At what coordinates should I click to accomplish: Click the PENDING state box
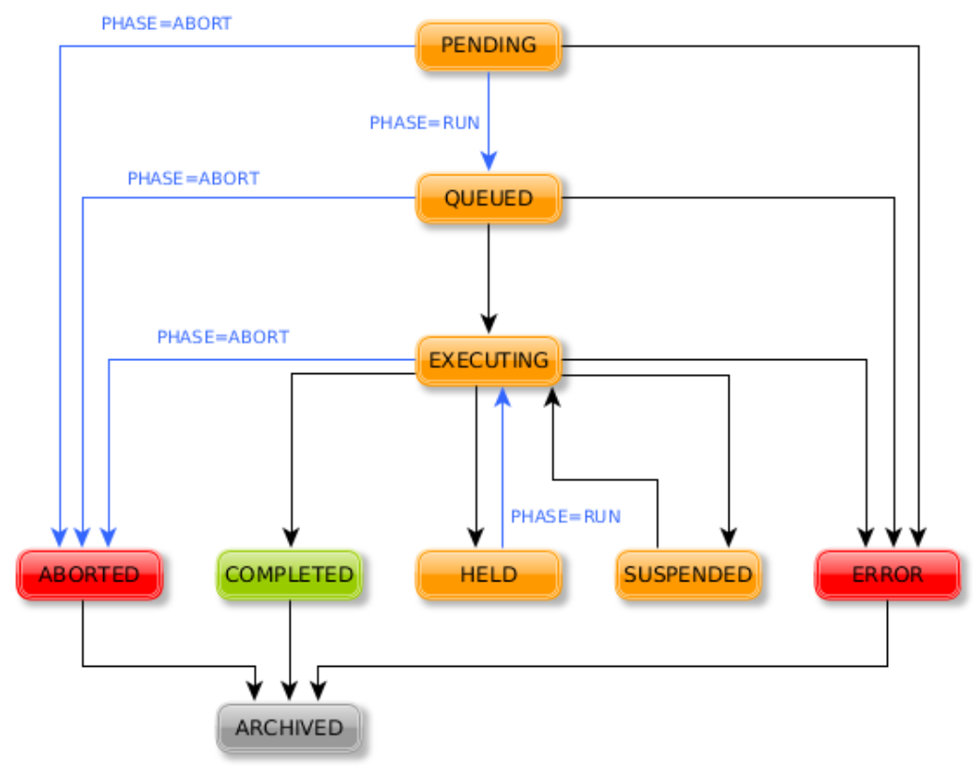point(488,45)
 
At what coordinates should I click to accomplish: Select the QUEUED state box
point(488,198)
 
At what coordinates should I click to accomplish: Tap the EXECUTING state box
point(488,360)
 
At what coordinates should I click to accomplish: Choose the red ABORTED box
point(89,574)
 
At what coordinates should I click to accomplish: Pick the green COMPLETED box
point(290,574)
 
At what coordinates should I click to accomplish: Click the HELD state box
point(488,574)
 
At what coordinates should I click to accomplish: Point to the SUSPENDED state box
point(687,574)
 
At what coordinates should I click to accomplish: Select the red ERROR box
point(887,574)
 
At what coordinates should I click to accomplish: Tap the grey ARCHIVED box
point(289,728)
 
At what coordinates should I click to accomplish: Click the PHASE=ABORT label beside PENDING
point(166,23)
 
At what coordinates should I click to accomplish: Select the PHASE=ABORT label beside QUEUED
point(193,178)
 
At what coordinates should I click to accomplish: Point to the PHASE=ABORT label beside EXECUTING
point(223,337)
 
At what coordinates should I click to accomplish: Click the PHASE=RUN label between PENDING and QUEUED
point(424,123)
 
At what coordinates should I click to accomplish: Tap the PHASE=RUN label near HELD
point(565,517)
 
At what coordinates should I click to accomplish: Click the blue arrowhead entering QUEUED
point(488,161)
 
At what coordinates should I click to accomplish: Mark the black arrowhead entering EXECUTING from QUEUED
point(488,323)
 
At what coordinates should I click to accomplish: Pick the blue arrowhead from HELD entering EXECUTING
point(503,397)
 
